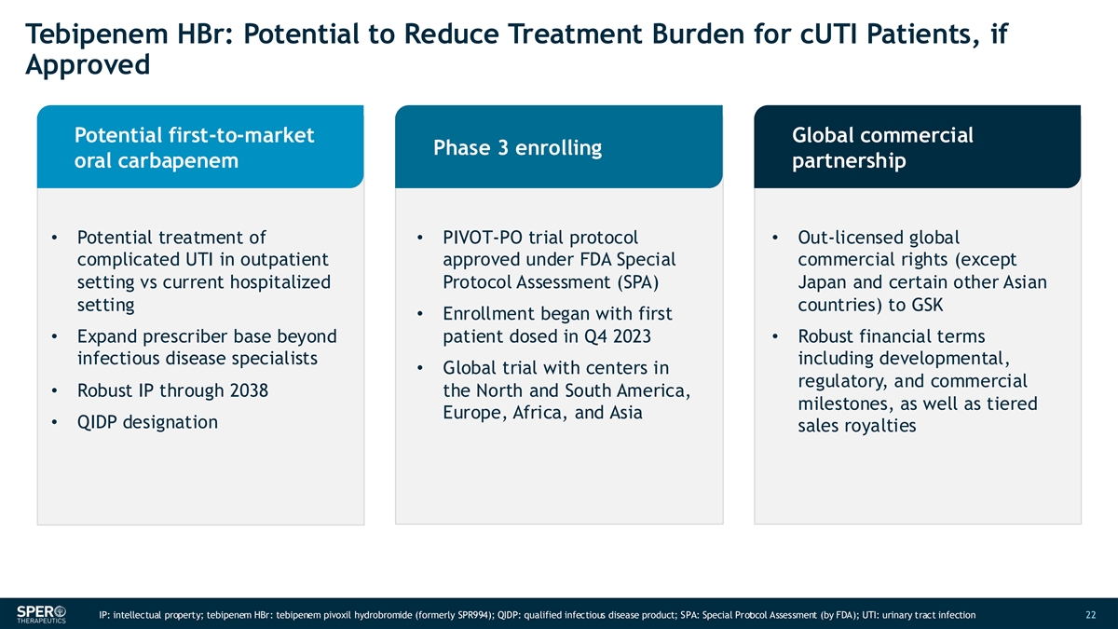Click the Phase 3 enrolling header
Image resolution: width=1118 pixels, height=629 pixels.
click(x=517, y=148)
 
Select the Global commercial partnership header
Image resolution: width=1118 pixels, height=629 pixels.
click(x=881, y=148)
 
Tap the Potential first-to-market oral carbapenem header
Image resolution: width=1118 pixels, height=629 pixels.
click(x=193, y=148)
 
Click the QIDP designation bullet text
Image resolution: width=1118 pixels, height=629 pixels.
click(x=147, y=422)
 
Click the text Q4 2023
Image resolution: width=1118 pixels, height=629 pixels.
click(x=607, y=336)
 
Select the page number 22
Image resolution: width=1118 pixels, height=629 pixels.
click(x=1092, y=615)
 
